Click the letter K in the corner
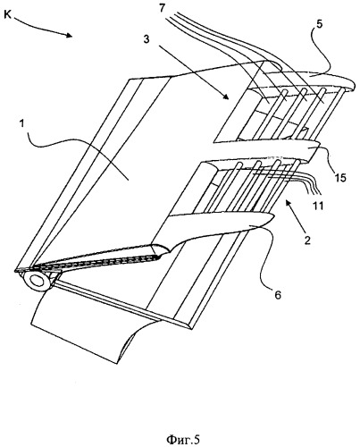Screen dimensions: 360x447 pos(8,14)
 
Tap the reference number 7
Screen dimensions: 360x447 pos(162,8)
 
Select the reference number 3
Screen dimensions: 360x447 pos(147,39)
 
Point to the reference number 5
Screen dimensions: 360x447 pos(319,24)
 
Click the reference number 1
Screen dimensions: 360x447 pos(21,123)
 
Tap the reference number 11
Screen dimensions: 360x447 pos(318,206)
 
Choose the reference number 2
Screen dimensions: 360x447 pos(307,240)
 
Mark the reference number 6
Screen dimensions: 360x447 pos(277,295)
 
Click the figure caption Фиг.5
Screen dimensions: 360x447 pos(182,439)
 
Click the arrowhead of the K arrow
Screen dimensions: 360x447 pos(69,35)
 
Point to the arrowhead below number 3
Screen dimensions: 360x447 pos(226,97)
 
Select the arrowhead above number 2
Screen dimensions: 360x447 pos(289,204)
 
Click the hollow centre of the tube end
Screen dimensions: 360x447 pos(38,281)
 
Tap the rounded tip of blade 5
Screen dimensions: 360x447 pos(353,85)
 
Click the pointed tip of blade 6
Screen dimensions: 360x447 pos(272,216)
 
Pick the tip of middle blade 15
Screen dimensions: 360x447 pos(318,145)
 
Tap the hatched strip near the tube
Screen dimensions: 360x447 pos(98,260)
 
